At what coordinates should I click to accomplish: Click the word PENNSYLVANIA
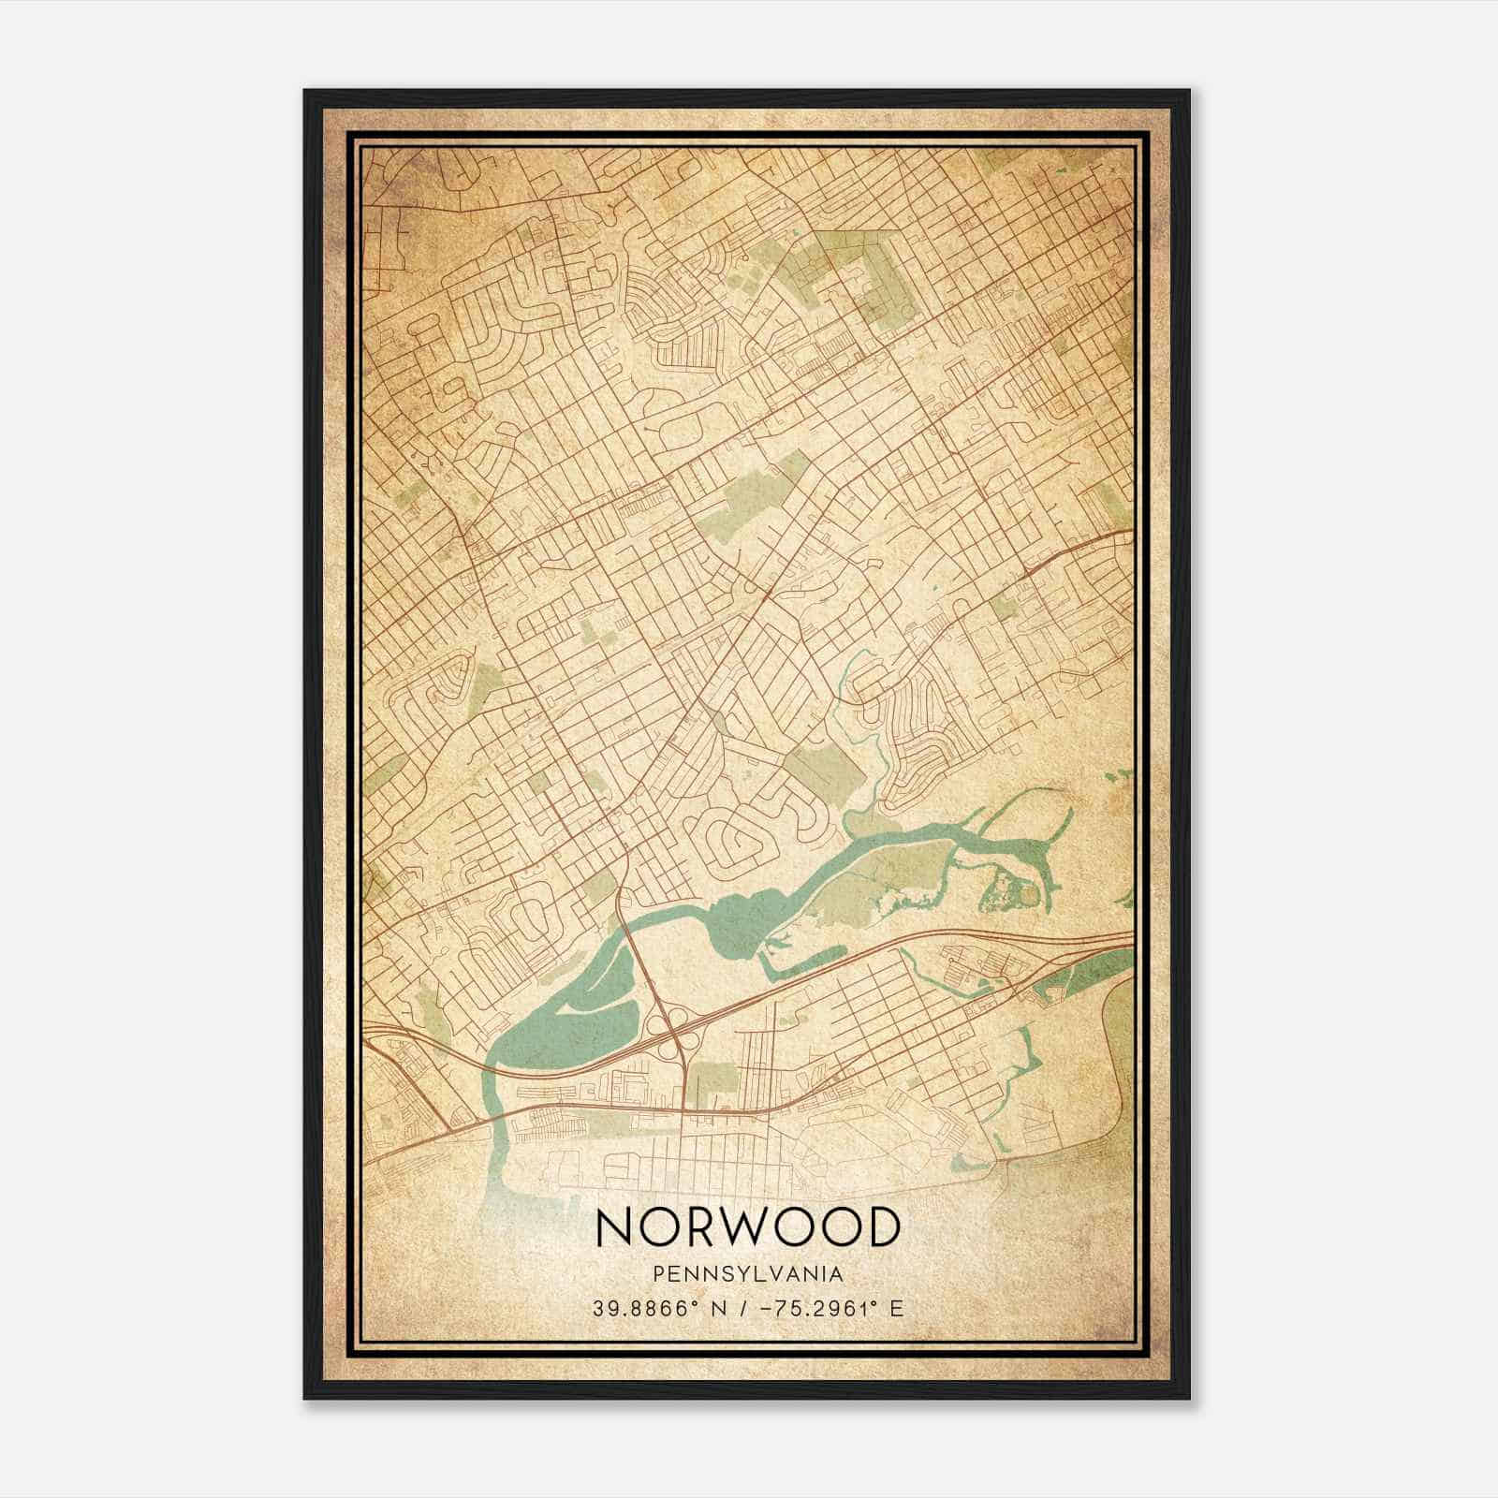point(748,1273)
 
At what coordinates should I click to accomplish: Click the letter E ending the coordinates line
point(896,1308)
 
